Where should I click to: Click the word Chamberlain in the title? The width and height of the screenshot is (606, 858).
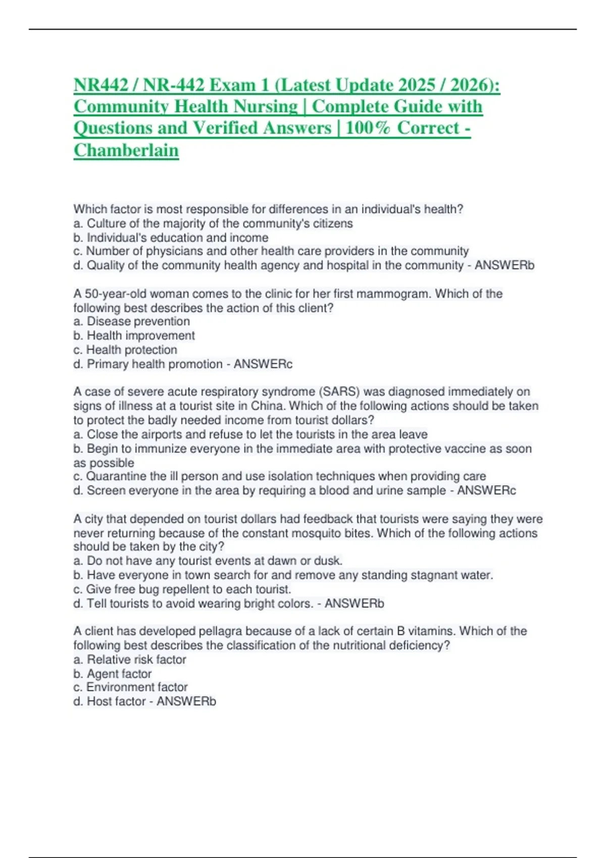tap(126, 150)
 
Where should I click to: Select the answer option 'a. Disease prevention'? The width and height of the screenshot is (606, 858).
tap(132, 321)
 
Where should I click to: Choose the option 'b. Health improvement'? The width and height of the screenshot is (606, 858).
tap(134, 336)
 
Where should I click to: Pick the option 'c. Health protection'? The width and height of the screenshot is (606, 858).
tap(125, 350)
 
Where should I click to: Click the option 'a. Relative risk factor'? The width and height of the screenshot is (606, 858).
tap(130, 660)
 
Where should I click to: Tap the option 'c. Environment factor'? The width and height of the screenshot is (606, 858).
tap(130, 687)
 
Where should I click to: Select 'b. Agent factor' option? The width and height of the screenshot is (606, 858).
tap(113, 674)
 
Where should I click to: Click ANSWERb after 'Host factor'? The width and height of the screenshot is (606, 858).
tap(186, 702)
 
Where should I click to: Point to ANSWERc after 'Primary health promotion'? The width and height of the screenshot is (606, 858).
tap(263, 364)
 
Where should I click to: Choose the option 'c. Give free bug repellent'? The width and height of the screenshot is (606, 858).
tap(182, 589)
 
